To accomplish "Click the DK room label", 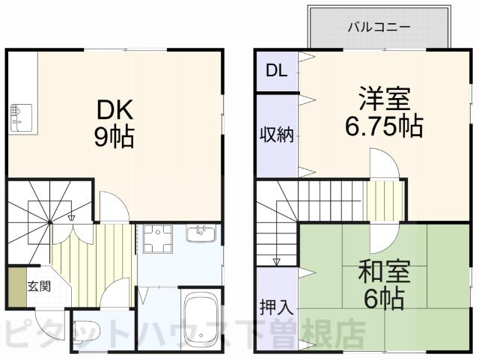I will pos(115,112).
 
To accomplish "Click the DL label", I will pos(276,71).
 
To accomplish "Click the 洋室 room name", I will pos(384,100).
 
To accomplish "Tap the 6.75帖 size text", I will pos(384,126).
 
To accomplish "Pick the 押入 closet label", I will pos(276,308).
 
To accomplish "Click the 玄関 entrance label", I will pos(40,285).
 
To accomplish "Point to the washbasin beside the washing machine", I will pos(201,234).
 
